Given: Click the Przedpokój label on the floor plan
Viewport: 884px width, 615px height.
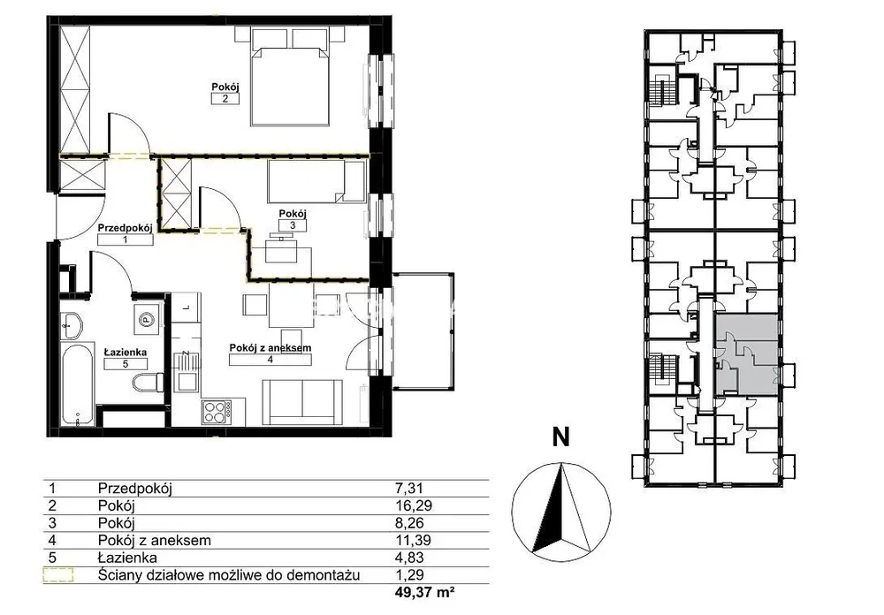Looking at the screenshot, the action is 126,228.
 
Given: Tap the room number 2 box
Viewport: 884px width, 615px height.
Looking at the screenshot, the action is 225,99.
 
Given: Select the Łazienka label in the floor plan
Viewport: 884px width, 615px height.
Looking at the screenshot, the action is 126,353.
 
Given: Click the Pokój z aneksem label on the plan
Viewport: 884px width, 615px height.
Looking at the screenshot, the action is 270,348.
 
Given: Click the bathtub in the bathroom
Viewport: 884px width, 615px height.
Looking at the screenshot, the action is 77,383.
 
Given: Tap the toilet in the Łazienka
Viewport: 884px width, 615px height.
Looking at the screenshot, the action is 148,383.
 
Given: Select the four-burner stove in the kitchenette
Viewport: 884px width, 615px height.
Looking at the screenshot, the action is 217,411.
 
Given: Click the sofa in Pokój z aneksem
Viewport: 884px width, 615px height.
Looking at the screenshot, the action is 302,402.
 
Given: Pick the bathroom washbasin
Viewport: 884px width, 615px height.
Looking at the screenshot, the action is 72,325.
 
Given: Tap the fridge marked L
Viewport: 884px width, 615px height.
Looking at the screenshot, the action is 186,307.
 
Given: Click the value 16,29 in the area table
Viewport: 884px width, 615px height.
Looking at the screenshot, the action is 414,505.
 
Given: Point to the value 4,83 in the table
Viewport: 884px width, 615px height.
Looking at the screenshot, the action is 409,558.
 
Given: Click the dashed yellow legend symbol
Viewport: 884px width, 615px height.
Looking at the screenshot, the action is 58,575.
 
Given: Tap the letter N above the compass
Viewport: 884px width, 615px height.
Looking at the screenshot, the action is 560,437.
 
